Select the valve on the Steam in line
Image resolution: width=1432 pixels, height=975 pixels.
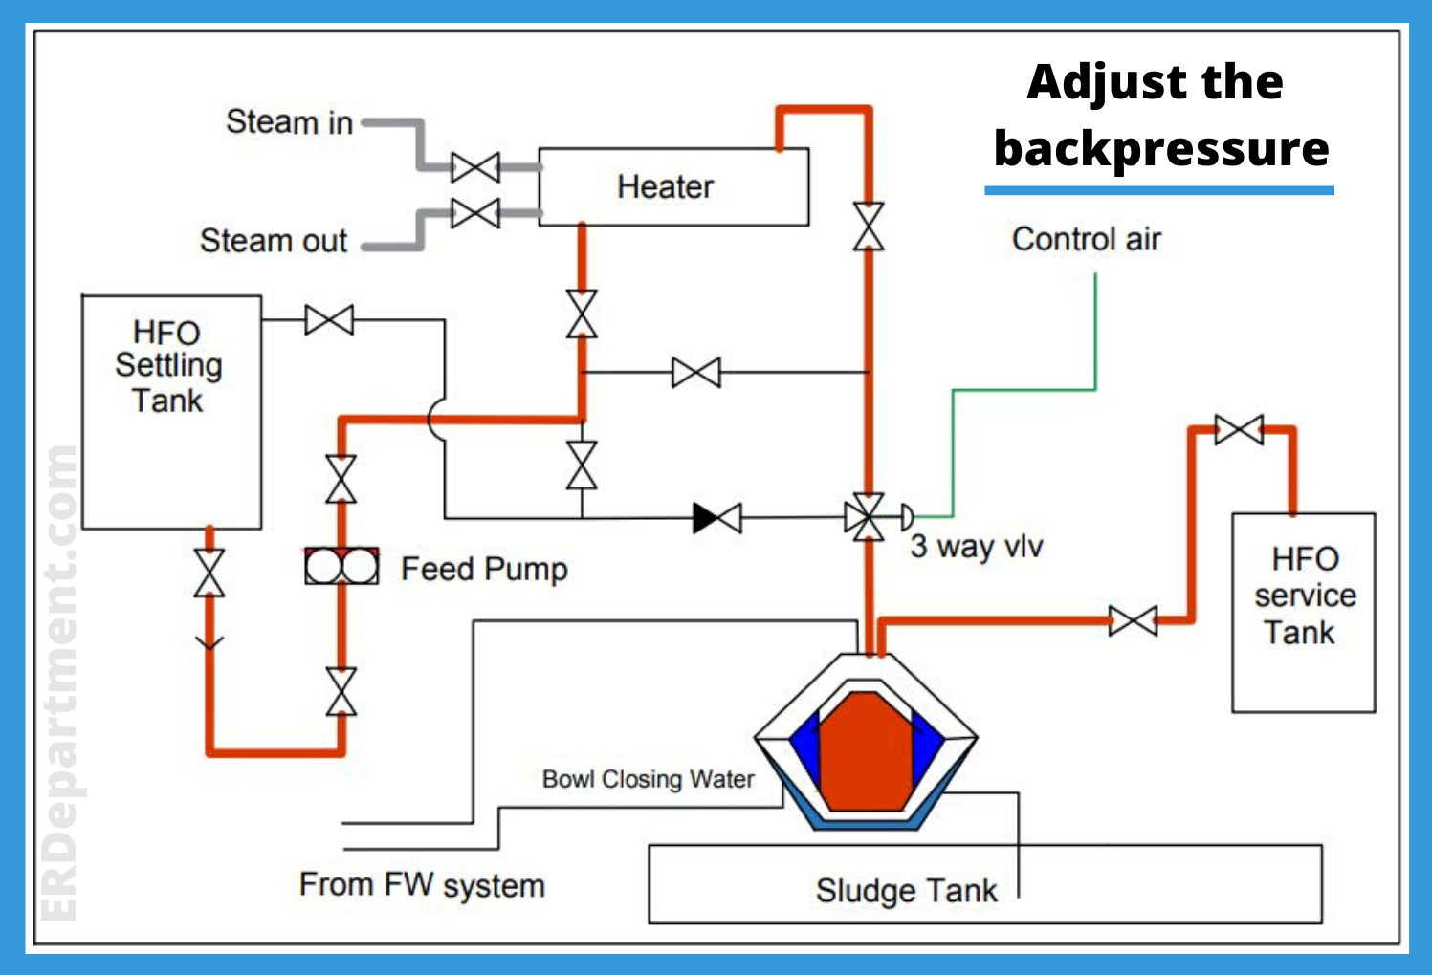click(x=475, y=167)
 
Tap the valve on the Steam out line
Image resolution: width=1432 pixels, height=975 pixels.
click(x=475, y=212)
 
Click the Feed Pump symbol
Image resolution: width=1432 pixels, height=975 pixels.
click(x=341, y=567)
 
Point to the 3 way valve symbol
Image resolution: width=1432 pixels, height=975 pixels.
click(x=868, y=518)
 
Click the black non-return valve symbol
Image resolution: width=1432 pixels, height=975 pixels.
click(x=717, y=518)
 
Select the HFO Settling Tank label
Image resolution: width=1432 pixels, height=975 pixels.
click(x=168, y=366)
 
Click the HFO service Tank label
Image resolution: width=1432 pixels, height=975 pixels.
click(x=1304, y=595)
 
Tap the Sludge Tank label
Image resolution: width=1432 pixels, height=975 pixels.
click(x=906, y=890)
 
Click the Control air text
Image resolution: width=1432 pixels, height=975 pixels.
click(x=1086, y=239)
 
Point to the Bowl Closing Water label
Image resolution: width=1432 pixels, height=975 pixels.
click(x=648, y=779)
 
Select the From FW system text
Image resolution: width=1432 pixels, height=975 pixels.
click(x=422, y=885)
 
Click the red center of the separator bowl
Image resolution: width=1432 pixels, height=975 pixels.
click(x=866, y=750)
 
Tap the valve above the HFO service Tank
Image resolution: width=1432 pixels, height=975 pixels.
click(x=1239, y=430)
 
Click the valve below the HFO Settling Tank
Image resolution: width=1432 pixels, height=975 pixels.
click(x=209, y=574)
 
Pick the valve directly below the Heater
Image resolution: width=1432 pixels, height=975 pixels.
click(x=582, y=314)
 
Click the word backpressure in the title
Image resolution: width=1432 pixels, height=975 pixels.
click(x=1161, y=149)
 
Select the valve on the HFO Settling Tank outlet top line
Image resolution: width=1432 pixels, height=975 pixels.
click(x=329, y=320)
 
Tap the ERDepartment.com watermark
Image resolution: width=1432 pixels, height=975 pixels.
click(x=59, y=683)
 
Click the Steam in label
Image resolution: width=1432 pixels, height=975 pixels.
click(x=289, y=122)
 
